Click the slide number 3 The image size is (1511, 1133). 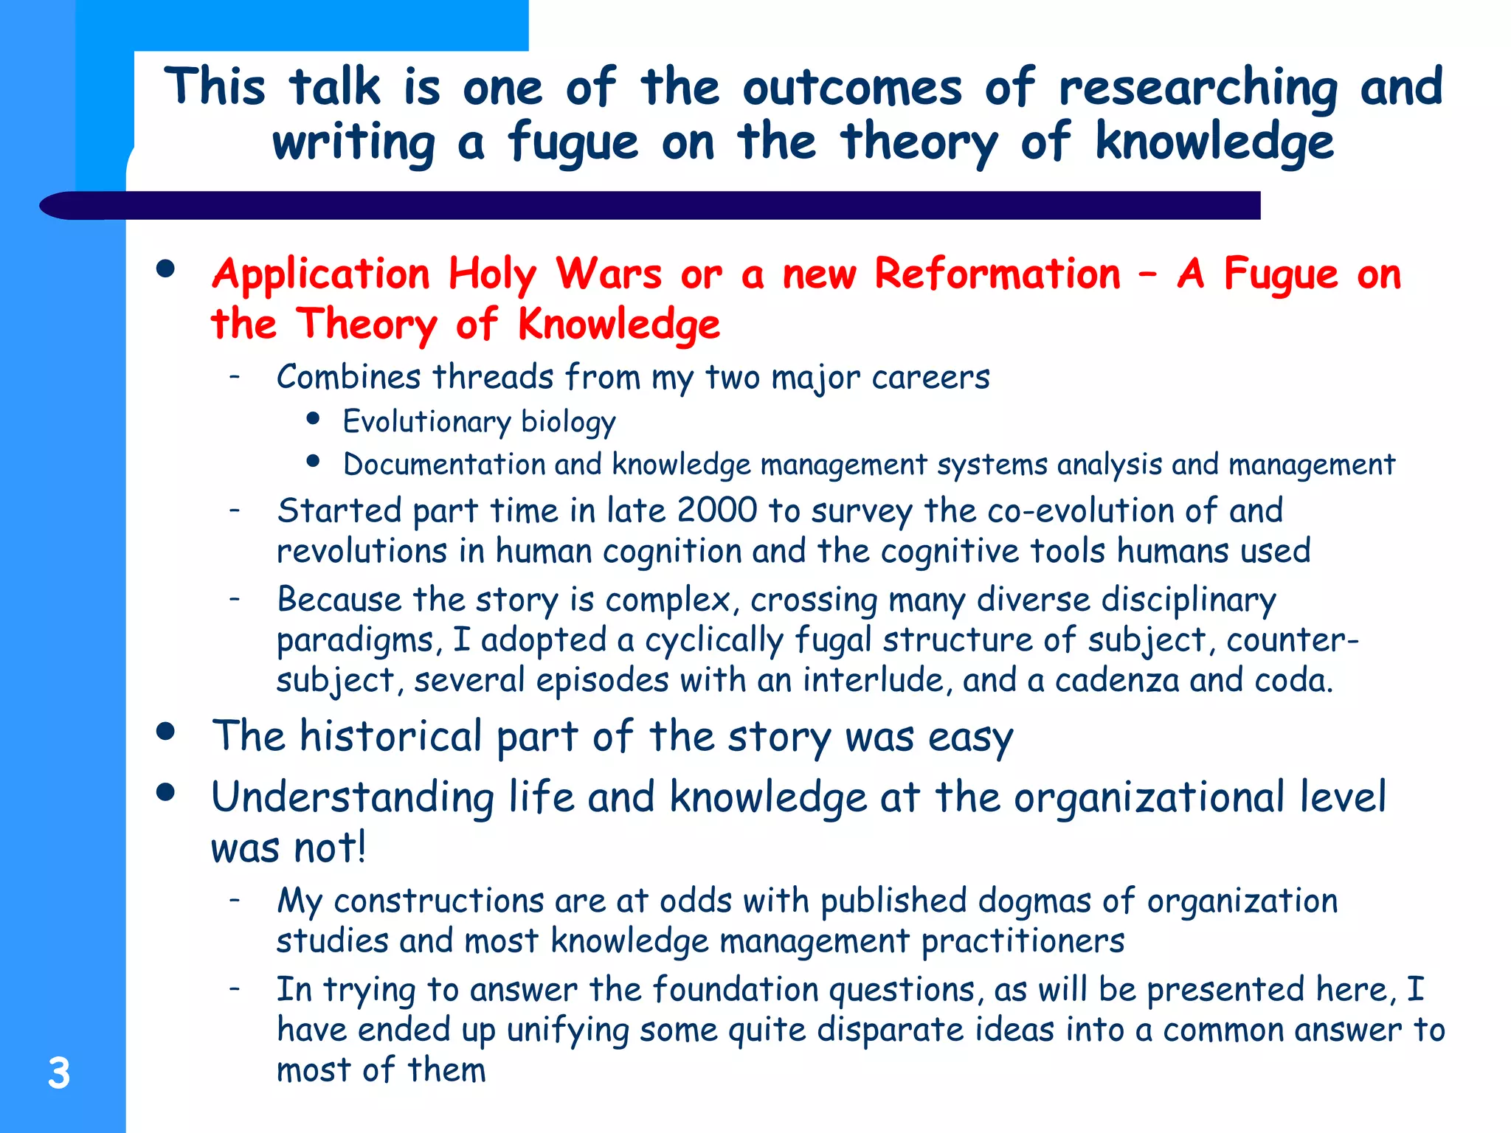(x=59, y=1073)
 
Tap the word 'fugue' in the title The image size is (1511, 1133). (x=573, y=143)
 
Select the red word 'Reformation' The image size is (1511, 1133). (x=997, y=274)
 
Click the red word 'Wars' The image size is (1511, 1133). (x=609, y=274)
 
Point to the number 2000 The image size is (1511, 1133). (x=716, y=510)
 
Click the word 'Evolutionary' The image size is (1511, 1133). (x=426, y=422)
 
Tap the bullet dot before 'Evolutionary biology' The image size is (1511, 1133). (x=314, y=419)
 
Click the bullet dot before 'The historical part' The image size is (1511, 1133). (x=166, y=731)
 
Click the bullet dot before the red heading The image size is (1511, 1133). (x=166, y=269)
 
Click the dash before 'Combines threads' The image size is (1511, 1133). (x=235, y=377)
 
